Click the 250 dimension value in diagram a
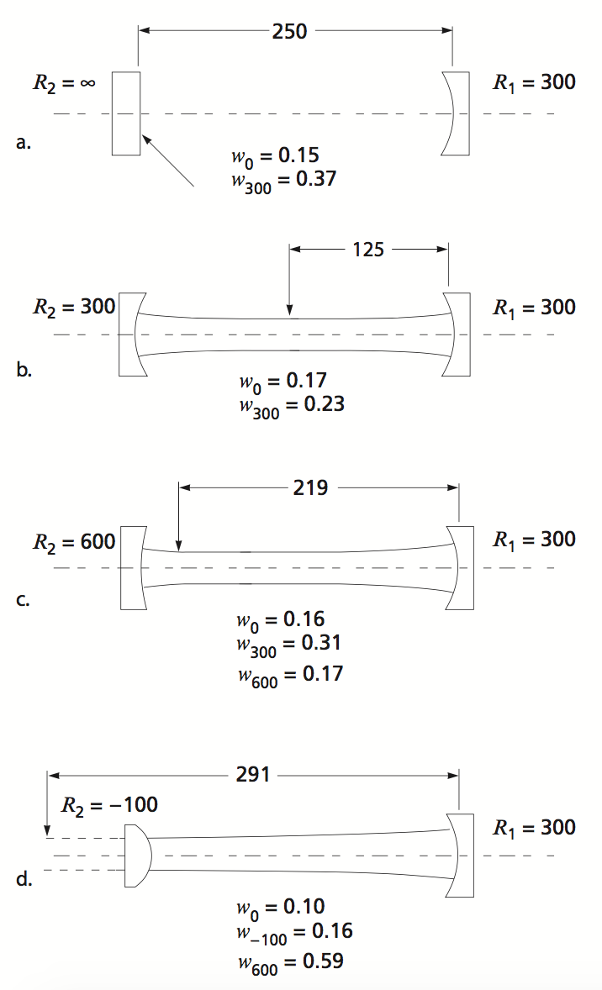290,32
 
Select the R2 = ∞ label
62,82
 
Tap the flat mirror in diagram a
125,113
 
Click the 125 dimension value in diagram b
367,249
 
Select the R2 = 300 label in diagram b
73,307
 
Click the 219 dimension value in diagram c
310,487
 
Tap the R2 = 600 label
73,541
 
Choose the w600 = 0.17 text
291,673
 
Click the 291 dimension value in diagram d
253,774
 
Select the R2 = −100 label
109,805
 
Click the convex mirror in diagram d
137,856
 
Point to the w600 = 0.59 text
291,960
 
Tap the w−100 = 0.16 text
295,931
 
